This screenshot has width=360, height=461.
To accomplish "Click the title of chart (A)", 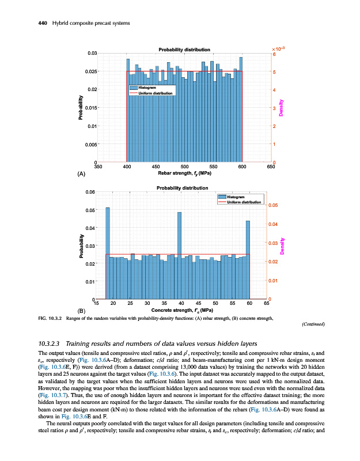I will pos(184,50).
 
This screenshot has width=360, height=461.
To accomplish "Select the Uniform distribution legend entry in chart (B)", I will pos(242,202).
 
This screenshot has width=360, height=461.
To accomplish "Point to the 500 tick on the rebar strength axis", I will pos(184,167).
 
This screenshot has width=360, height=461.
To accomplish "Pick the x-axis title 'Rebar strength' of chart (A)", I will pos(184,172).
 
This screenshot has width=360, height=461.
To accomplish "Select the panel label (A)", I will pos(81,173).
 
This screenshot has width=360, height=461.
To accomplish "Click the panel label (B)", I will pos(81,309).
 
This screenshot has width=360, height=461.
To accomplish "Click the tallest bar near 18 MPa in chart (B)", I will pos(108,254).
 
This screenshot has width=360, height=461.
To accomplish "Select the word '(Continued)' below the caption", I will pos(314,324).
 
